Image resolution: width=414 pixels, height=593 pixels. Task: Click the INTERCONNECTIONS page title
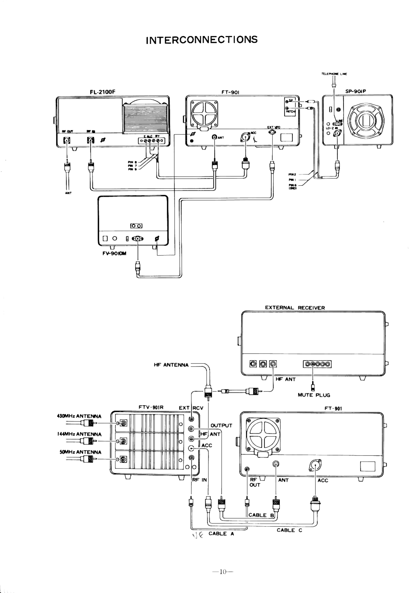[202, 40]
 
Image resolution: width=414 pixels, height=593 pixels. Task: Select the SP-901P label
[356, 91]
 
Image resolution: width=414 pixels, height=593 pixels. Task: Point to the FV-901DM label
[114, 253]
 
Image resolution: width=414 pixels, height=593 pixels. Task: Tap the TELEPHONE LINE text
[334, 74]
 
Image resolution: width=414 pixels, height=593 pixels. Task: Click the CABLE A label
[221, 534]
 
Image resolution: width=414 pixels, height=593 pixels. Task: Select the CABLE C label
[289, 530]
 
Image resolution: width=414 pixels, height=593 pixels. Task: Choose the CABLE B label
[261, 515]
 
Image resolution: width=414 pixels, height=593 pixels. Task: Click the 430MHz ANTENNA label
[79, 416]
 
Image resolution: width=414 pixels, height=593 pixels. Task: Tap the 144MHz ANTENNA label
[79, 434]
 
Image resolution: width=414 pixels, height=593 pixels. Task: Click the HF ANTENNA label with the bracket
[171, 365]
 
